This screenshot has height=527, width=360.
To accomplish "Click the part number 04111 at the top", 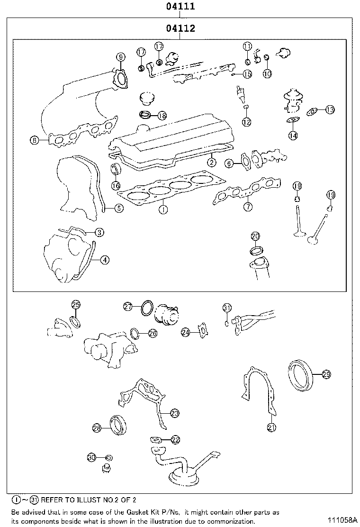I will [180, 7].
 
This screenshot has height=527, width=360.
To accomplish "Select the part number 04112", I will [180, 29].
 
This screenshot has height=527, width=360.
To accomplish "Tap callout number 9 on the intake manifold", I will [121, 57].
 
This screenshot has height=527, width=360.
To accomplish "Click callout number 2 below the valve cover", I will [211, 163].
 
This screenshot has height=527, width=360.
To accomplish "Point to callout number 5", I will [118, 208].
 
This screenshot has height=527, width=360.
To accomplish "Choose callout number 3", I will [99, 232].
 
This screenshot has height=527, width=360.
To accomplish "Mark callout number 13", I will [330, 109].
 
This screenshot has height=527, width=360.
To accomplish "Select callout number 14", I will [293, 136].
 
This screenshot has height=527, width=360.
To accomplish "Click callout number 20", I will [255, 236].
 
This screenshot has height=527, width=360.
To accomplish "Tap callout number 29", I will [326, 375].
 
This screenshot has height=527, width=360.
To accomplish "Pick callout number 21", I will [271, 427].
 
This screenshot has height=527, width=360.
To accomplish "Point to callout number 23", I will [174, 413].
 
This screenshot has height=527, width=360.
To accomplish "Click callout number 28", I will [97, 428].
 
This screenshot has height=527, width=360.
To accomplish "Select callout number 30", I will [92, 457].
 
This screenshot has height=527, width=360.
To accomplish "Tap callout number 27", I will [128, 307].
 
